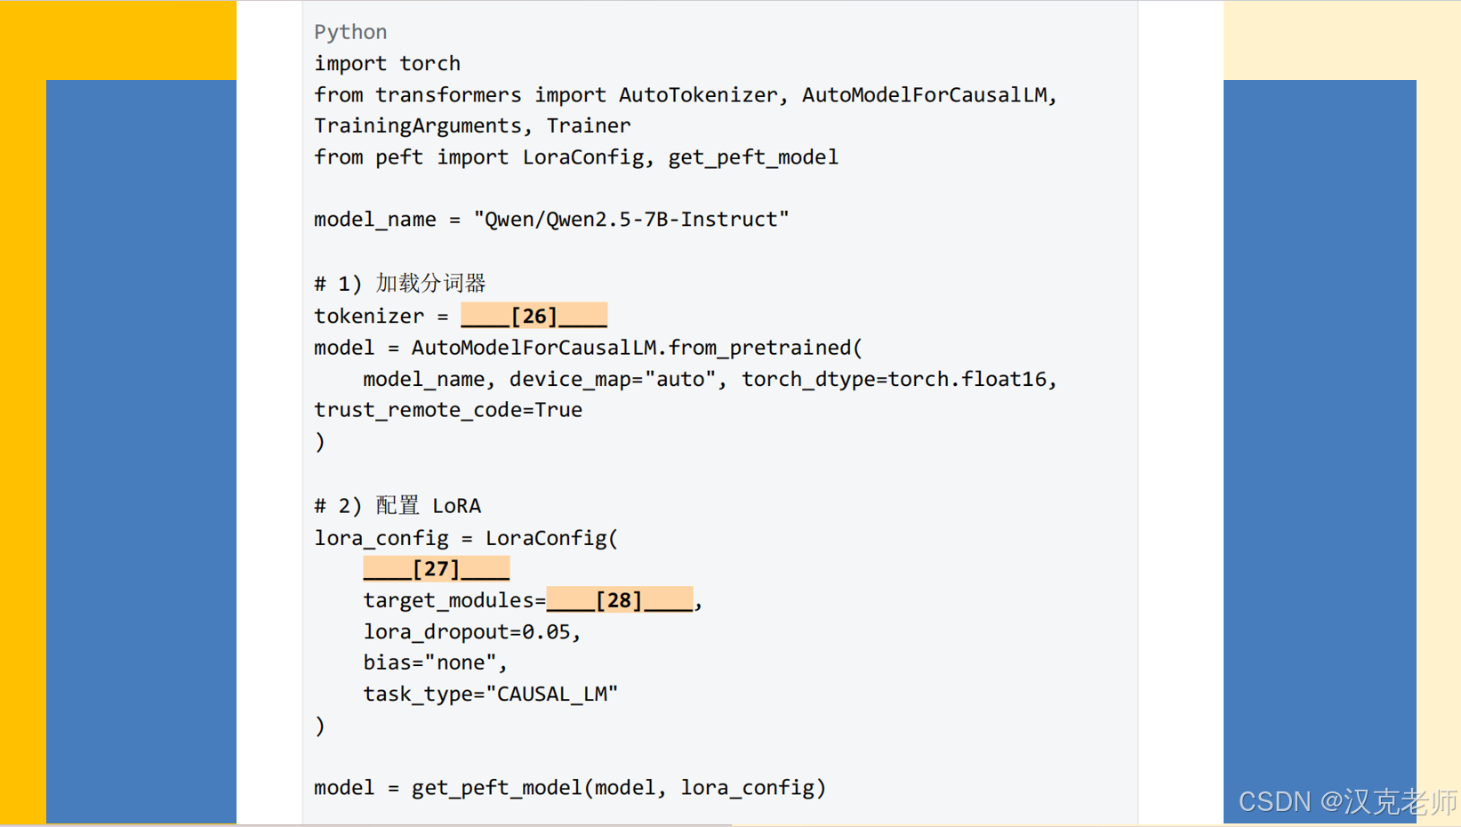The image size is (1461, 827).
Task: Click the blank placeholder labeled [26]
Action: [534, 316]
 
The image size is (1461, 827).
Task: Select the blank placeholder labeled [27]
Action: [436, 569]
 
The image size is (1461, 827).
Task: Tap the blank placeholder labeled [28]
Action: [619, 600]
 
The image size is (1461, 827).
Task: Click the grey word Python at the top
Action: [350, 32]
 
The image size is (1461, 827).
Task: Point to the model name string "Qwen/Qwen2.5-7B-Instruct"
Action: [631, 220]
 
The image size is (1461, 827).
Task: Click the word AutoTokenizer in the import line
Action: [698, 95]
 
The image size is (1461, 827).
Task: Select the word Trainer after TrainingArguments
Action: [588, 126]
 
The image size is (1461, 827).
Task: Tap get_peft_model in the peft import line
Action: [752, 157]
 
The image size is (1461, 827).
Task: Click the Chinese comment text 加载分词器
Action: [430, 284]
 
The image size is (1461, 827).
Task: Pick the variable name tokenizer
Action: [369, 317]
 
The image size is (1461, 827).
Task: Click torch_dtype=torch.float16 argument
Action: [894, 380]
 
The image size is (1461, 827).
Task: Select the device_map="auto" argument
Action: [613, 380]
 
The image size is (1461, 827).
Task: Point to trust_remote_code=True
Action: [448, 410]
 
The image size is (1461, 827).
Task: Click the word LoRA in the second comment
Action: [456, 506]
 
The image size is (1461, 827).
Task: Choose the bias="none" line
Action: [433, 663]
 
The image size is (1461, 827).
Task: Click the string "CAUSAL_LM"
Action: [551, 695]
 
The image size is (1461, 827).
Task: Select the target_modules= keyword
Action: [454, 601]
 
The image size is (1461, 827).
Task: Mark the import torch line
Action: [387, 64]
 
